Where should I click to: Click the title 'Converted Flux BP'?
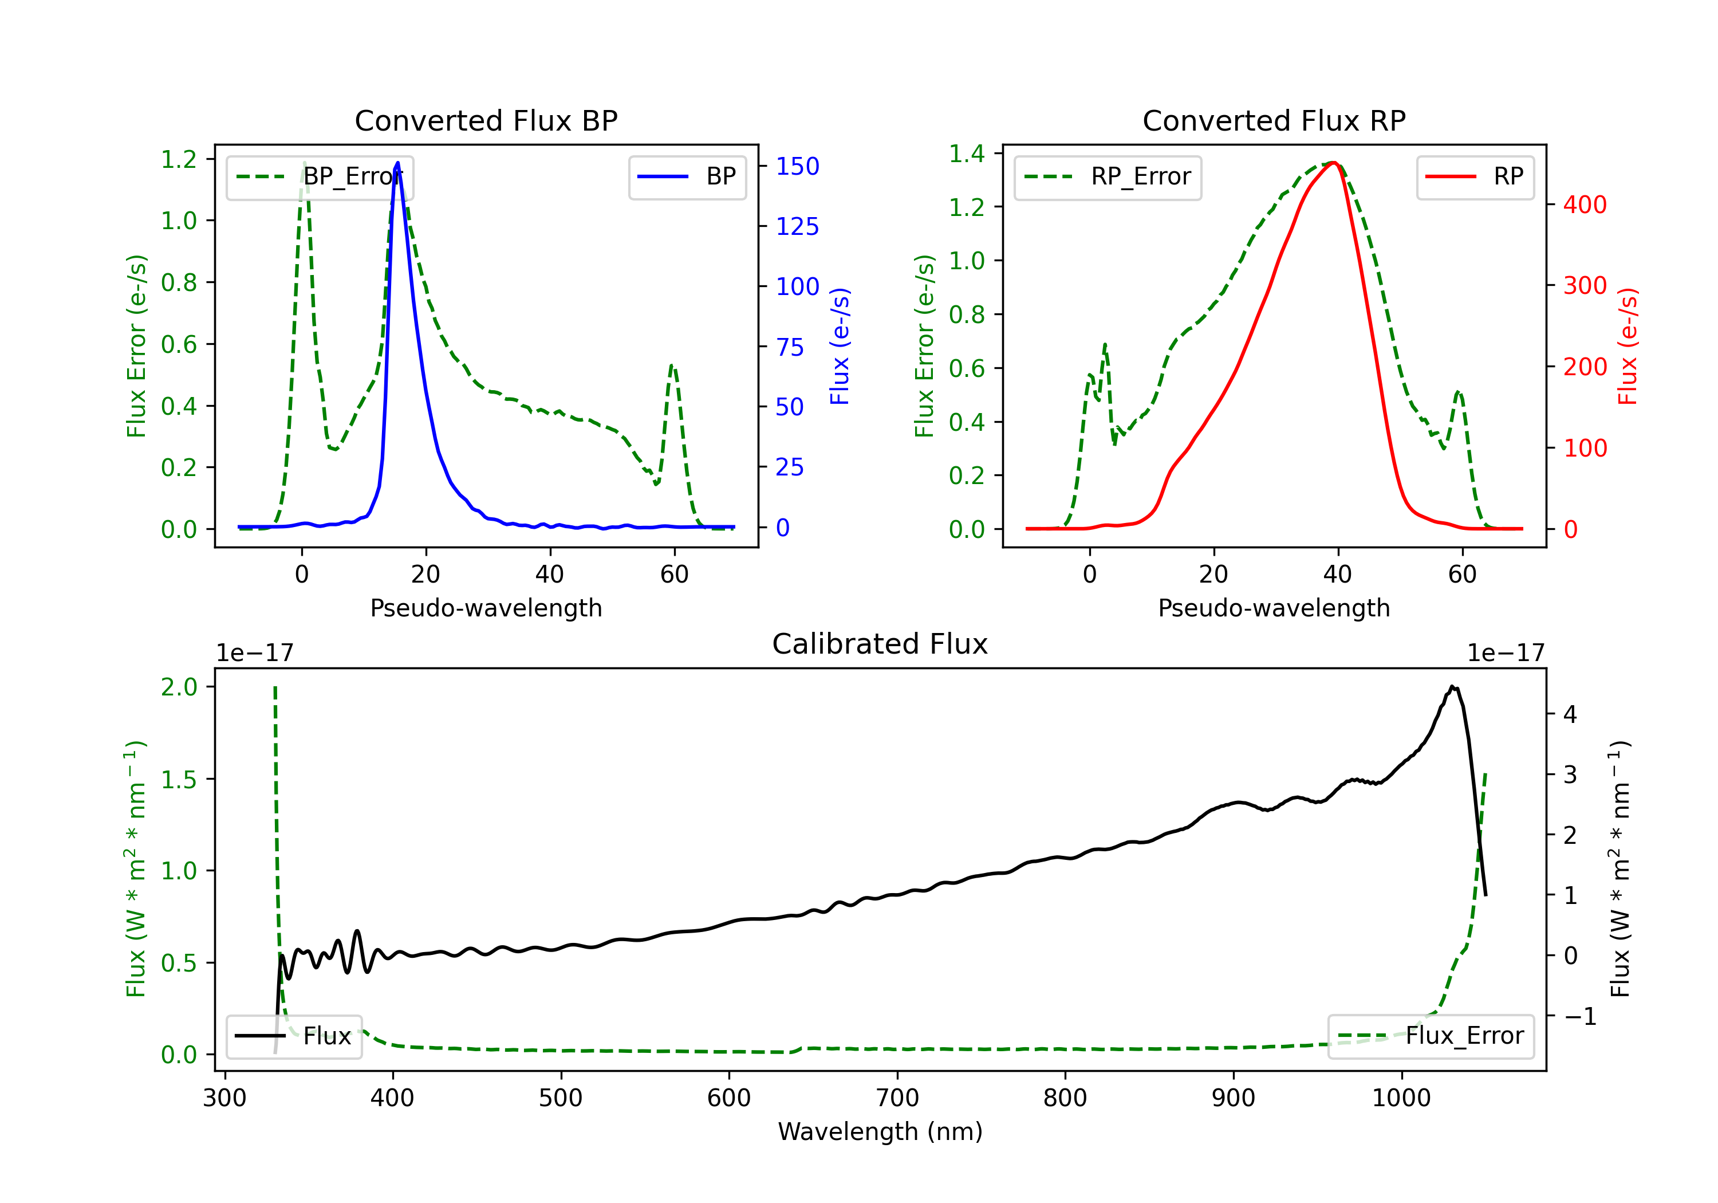coord(486,120)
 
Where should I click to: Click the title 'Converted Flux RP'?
coord(1274,120)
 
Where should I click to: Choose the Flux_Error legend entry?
coord(1430,1036)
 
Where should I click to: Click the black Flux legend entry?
coord(294,1036)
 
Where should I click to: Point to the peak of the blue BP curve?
coord(397,163)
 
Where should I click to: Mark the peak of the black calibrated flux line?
coord(1452,686)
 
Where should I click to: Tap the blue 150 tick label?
coord(797,166)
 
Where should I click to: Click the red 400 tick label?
coord(1584,205)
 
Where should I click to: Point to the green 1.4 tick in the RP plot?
coord(966,154)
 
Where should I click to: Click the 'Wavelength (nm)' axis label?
coord(880,1132)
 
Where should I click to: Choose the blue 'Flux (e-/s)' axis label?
coord(840,347)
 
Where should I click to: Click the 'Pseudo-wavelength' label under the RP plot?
coord(1274,608)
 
